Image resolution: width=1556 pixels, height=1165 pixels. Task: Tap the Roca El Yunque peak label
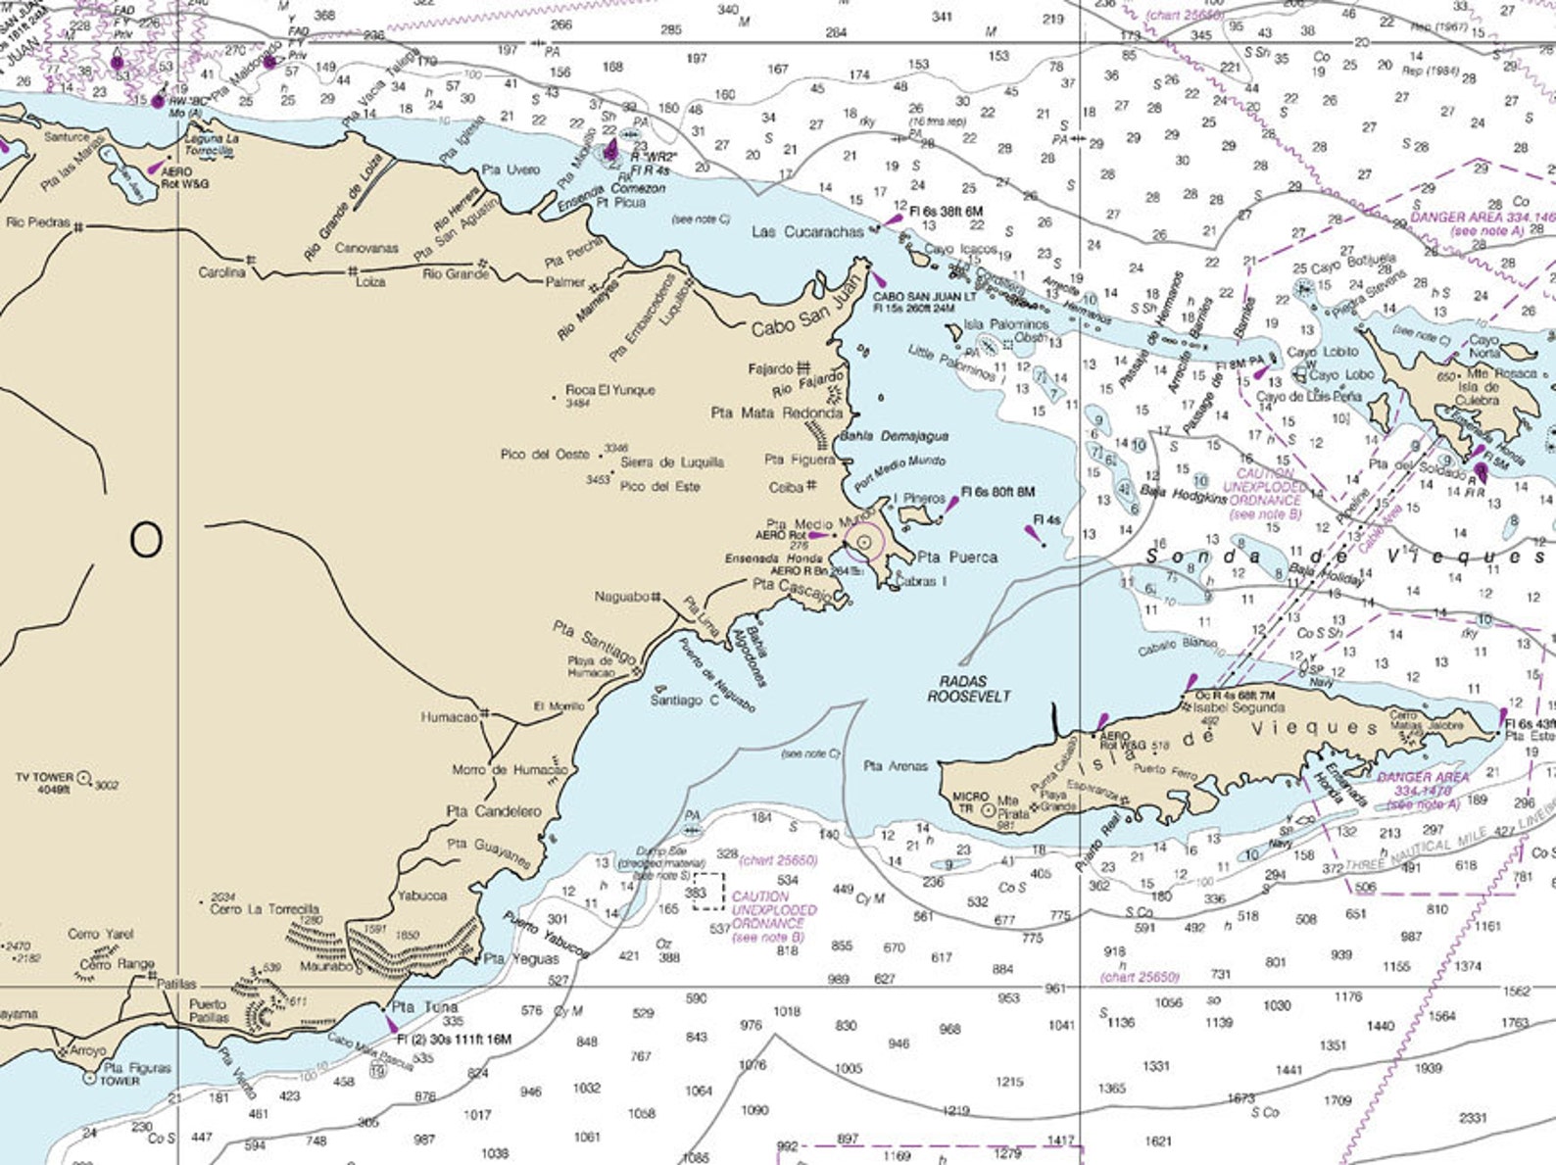609,390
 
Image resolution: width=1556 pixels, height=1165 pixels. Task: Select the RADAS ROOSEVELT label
969,689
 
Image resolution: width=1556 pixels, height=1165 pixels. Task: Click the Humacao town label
449,717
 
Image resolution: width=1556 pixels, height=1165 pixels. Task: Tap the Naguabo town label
622,597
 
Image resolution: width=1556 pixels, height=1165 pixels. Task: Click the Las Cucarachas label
807,232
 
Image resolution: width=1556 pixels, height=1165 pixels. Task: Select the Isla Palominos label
1006,323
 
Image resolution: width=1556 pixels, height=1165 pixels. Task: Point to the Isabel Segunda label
1239,707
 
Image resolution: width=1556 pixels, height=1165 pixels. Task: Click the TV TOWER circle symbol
85,778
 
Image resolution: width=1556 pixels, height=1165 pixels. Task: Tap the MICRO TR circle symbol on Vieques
988,809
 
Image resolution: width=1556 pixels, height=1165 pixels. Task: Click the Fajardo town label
770,369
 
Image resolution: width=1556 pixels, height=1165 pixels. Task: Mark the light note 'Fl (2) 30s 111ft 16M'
454,1039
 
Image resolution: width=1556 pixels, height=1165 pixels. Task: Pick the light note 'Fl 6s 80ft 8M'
997,492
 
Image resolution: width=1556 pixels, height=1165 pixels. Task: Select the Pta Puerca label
957,558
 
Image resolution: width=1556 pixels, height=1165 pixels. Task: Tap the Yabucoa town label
421,896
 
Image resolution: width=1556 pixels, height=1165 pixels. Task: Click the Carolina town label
221,271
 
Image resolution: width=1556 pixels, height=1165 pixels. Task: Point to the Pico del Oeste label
545,455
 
